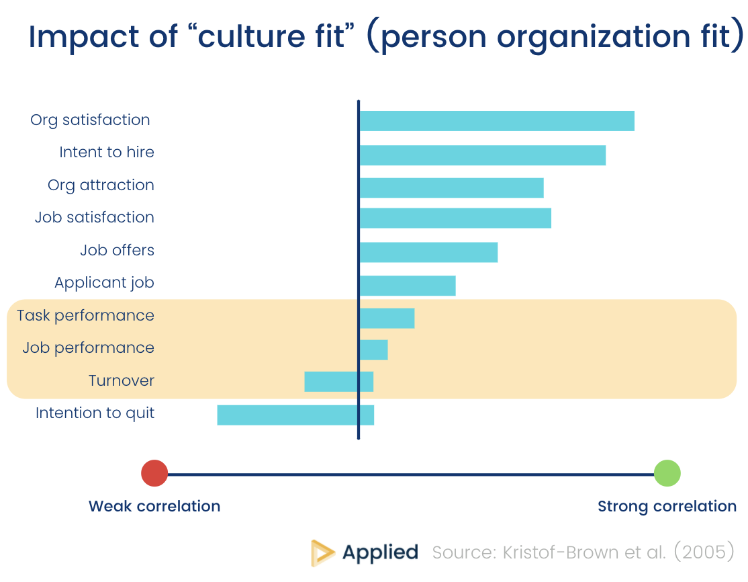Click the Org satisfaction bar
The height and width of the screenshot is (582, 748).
tap(497, 121)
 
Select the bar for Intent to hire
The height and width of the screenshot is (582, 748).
tap(482, 155)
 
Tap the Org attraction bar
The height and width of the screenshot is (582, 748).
tap(451, 188)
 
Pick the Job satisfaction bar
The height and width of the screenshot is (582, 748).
tap(455, 218)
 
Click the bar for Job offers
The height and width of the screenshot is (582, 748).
tap(428, 252)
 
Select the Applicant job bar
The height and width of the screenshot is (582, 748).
tap(408, 285)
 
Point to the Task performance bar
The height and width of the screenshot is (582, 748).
tap(387, 318)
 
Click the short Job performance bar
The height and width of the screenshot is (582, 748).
tap(373, 349)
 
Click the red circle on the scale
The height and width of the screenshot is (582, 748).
tap(154, 473)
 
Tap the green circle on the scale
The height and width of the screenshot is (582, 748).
tap(667, 473)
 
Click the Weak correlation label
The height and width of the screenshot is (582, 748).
tap(154, 506)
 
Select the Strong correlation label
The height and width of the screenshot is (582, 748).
tap(667, 506)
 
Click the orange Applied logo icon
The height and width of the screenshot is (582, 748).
tap(323, 552)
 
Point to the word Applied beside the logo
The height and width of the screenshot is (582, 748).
tap(380, 552)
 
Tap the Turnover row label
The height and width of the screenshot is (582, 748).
tap(122, 380)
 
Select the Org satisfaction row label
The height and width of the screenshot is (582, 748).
tap(90, 120)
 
